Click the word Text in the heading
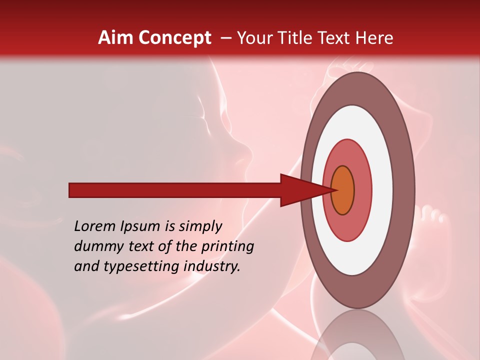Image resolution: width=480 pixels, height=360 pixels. (x=336, y=38)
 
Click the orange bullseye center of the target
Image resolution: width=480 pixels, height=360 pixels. (x=343, y=190)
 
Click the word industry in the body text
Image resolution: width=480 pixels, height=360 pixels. (x=212, y=266)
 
